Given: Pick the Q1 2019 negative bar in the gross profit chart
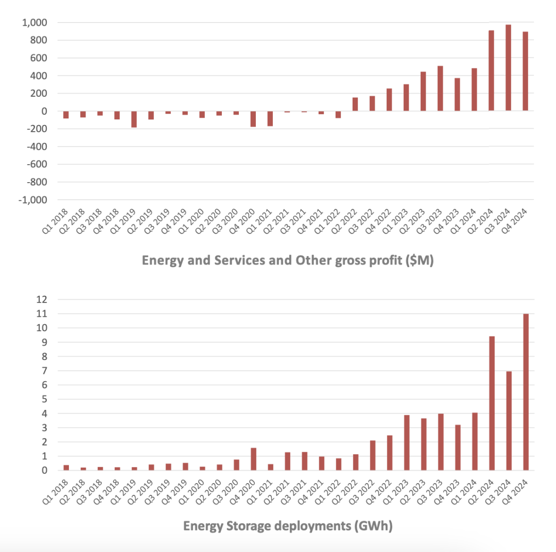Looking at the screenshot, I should tap(134, 119).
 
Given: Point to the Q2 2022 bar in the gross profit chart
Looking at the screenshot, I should tap(355, 104).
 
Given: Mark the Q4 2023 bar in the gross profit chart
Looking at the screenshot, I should tap(457, 94).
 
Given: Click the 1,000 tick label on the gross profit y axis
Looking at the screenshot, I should tap(34, 23).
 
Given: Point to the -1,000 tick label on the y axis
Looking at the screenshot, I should tap(32, 200).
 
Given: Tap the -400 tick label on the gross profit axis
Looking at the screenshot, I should tap(37, 147).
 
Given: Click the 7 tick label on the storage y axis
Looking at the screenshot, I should tap(45, 371).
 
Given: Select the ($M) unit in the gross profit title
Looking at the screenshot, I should tap(421, 261).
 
